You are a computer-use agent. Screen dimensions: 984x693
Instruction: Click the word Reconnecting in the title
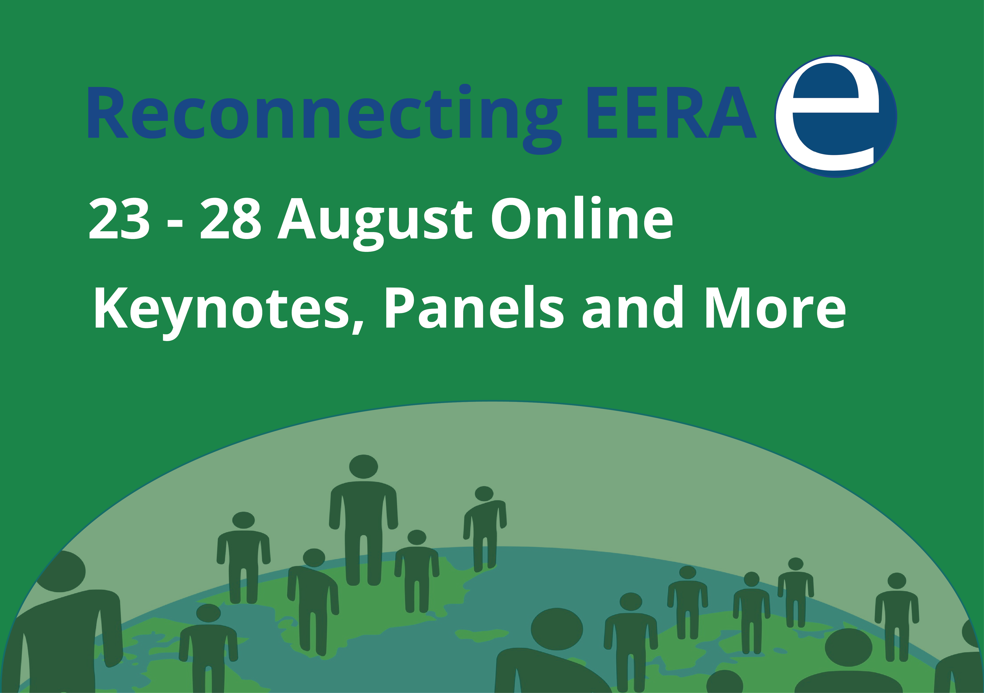[x=324, y=119]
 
